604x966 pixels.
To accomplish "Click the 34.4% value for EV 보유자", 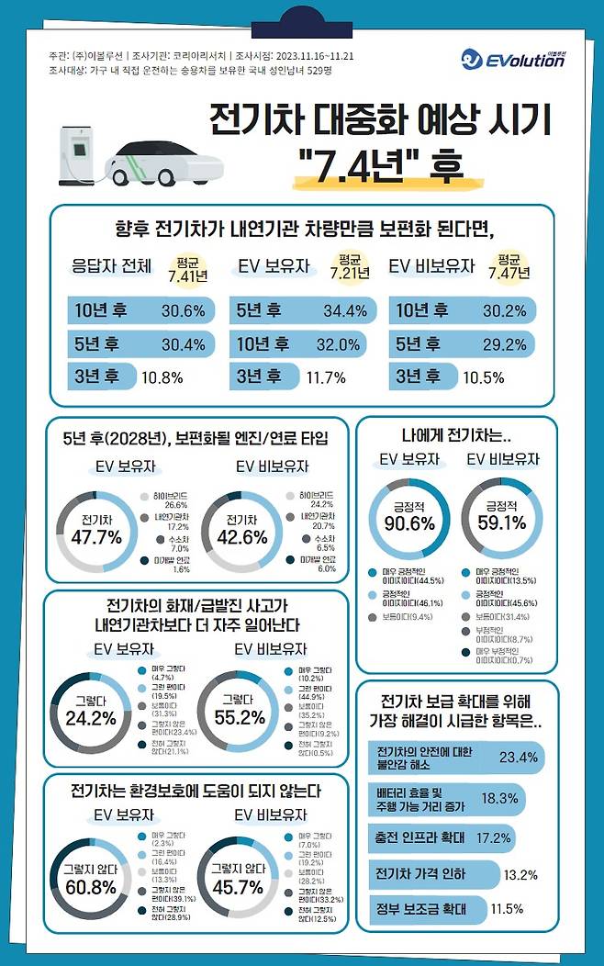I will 345,311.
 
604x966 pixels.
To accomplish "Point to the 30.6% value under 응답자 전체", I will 183,311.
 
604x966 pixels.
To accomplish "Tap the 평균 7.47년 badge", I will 512,267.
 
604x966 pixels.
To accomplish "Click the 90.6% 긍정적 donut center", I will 408,516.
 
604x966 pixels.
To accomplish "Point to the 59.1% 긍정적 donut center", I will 501,516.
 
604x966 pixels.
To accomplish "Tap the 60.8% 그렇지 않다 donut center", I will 89,880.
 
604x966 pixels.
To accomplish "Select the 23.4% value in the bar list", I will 518,758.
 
